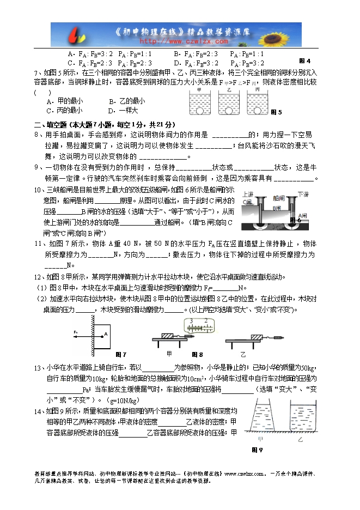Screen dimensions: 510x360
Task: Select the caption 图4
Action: pos(305,60)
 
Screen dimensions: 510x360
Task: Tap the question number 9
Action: pos(36,167)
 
